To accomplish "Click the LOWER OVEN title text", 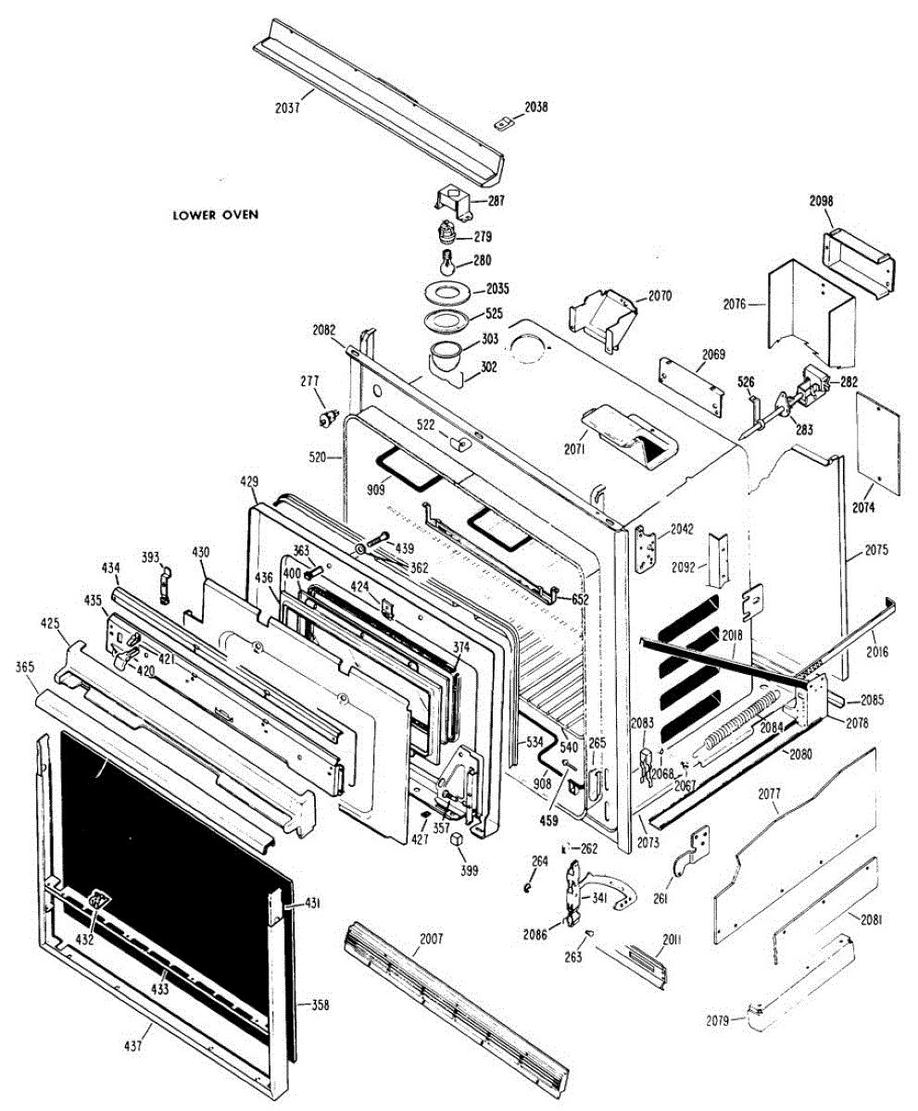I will pyautogui.click(x=215, y=215).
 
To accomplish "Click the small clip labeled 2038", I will pyautogui.click(x=504, y=123).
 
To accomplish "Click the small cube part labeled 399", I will pyautogui.click(x=456, y=839).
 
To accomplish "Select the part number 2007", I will pyautogui.click(x=431, y=939).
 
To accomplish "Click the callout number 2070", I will pyautogui.click(x=660, y=296).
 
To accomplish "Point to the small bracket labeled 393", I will pyautogui.click(x=166, y=584).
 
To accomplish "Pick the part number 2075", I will pyautogui.click(x=876, y=549).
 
